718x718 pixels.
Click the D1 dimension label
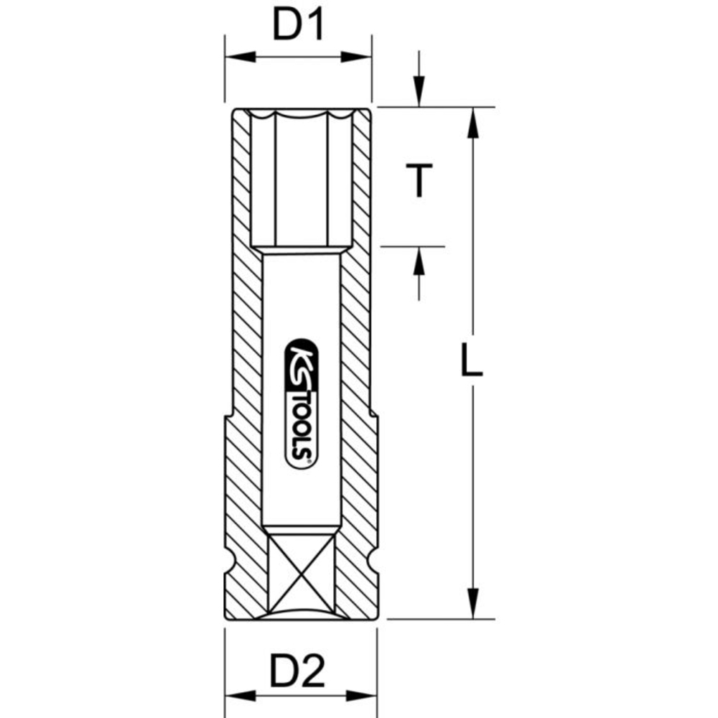[x=297, y=27]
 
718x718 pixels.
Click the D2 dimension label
[x=297, y=673]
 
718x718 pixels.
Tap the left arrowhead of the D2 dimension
[x=237, y=696]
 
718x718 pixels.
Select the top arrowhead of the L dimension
[x=472, y=122]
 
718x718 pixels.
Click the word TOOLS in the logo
[x=300, y=431]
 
